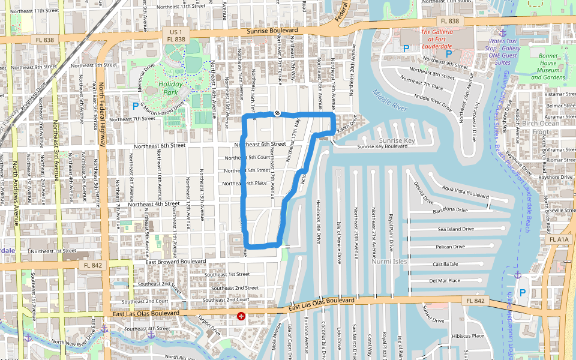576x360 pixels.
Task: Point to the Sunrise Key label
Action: [397, 141]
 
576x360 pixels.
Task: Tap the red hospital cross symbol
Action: [241, 316]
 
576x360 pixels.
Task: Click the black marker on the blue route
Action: [277, 113]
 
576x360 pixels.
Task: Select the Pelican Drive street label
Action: [450, 247]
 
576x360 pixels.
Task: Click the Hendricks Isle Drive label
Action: [318, 222]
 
